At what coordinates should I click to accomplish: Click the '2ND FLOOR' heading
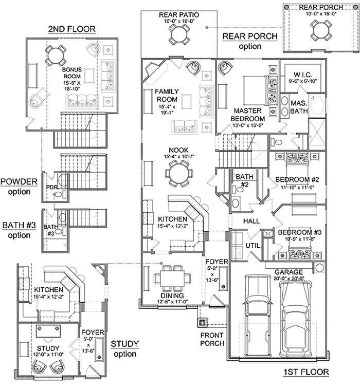tap(72, 29)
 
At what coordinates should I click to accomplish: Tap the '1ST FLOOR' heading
tap(305, 372)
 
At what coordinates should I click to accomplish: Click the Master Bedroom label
tap(248, 115)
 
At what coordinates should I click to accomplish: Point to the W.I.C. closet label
tap(303, 75)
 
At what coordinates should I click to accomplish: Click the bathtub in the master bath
tap(317, 105)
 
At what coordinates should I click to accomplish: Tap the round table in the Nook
tap(179, 173)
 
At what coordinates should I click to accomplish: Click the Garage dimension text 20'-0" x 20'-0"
tap(289, 278)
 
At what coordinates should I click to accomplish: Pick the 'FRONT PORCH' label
tap(212, 339)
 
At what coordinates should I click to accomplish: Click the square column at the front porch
tap(202, 322)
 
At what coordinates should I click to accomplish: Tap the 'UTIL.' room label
tap(254, 246)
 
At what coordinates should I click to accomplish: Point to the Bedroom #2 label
tap(297, 179)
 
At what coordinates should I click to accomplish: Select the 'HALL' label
tap(251, 221)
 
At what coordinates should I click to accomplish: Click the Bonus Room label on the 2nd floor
tap(72, 73)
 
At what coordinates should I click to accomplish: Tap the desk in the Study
tap(48, 331)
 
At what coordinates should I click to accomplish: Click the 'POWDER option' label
tap(19, 187)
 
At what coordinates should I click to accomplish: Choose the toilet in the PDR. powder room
tap(58, 194)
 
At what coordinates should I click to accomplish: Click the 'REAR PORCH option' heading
tap(250, 41)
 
